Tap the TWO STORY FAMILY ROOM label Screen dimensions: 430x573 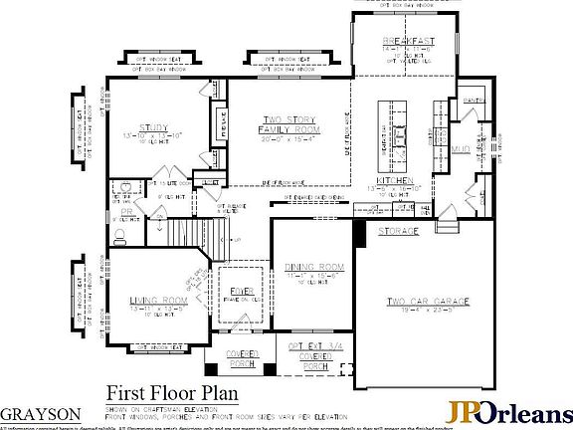287,124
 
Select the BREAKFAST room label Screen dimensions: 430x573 410,40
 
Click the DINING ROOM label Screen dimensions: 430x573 313,267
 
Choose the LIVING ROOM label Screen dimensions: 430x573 158,300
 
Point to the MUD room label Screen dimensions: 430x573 460,149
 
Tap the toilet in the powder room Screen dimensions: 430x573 120,236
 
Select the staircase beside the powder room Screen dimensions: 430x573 184,235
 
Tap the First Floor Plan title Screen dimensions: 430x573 161,391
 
